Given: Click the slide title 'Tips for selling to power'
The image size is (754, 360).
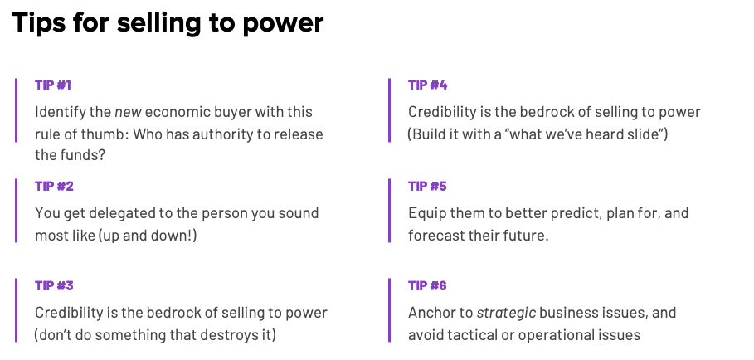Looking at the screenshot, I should pyautogui.click(x=168, y=23).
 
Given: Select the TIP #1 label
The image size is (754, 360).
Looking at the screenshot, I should pyautogui.click(x=54, y=85).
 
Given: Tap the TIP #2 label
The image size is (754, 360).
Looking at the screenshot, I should pyautogui.click(x=54, y=186).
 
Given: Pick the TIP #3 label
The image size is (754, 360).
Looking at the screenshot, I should pyautogui.click(x=54, y=286).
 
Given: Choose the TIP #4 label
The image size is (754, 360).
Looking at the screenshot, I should pyautogui.click(x=428, y=85).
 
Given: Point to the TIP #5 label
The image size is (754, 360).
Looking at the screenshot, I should pyautogui.click(x=428, y=186).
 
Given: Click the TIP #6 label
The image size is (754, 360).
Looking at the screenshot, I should pyautogui.click(x=428, y=286).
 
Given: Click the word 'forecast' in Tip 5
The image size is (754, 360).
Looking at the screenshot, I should pyautogui.click(x=436, y=235).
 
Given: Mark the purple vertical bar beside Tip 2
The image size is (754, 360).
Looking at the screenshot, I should pyautogui.click(x=16, y=210).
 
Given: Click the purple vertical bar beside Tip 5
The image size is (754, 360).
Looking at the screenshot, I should pyautogui.click(x=389, y=210).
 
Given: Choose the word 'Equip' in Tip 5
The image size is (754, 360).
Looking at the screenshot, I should pyautogui.click(x=426, y=213).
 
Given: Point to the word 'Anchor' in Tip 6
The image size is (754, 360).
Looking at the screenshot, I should pyautogui.click(x=431, y=313).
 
